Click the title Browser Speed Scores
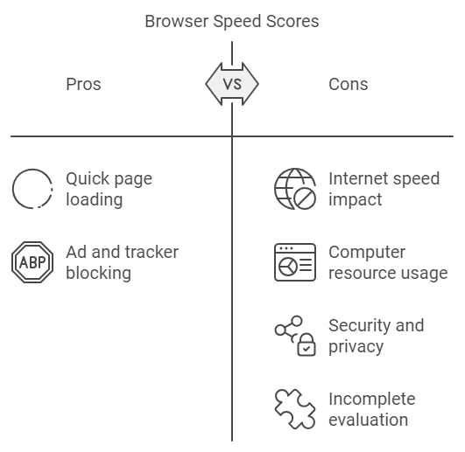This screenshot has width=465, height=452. [x=232, y=22]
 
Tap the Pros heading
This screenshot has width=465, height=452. [x=83, y=84]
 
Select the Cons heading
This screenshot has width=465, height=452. [x=349, y=84]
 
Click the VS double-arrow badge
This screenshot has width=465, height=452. [x=232, y=84]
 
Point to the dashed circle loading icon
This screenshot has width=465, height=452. [x=13, y=189]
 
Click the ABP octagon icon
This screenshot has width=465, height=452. [x=32, y=262]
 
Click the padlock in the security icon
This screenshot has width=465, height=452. [x=306, y=344]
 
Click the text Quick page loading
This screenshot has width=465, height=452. [x=109, y=189]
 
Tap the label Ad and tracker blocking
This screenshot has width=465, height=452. [x=123, y=262]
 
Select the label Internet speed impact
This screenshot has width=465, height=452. [x=384, y=189]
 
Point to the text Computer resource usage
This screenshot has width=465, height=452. [x=388, y=262]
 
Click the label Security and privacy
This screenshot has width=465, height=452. [x=377, y=336]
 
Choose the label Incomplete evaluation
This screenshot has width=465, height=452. [x=372, y=409]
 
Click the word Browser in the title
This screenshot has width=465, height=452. [x=177, y=22]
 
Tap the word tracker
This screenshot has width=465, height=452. [x=151, y=252]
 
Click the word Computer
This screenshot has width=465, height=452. [x=367, y=253]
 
